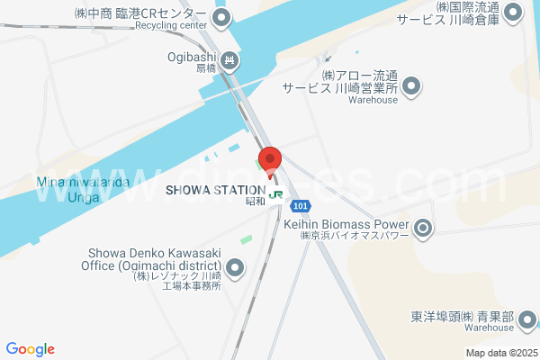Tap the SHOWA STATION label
(215, 190)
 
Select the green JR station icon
(276, 192)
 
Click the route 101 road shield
(301, 206)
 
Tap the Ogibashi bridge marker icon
(229, 60)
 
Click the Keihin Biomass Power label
(346, 224)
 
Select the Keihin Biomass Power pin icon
(423, 229)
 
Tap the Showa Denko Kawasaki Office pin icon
(235, 267)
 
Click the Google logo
(30, 349)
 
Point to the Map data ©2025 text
(500, 353)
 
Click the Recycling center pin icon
(222, 17)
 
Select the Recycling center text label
(171, 25)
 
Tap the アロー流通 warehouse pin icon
(412, 86)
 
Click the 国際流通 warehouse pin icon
(514, 13)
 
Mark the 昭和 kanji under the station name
(256, 202)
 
